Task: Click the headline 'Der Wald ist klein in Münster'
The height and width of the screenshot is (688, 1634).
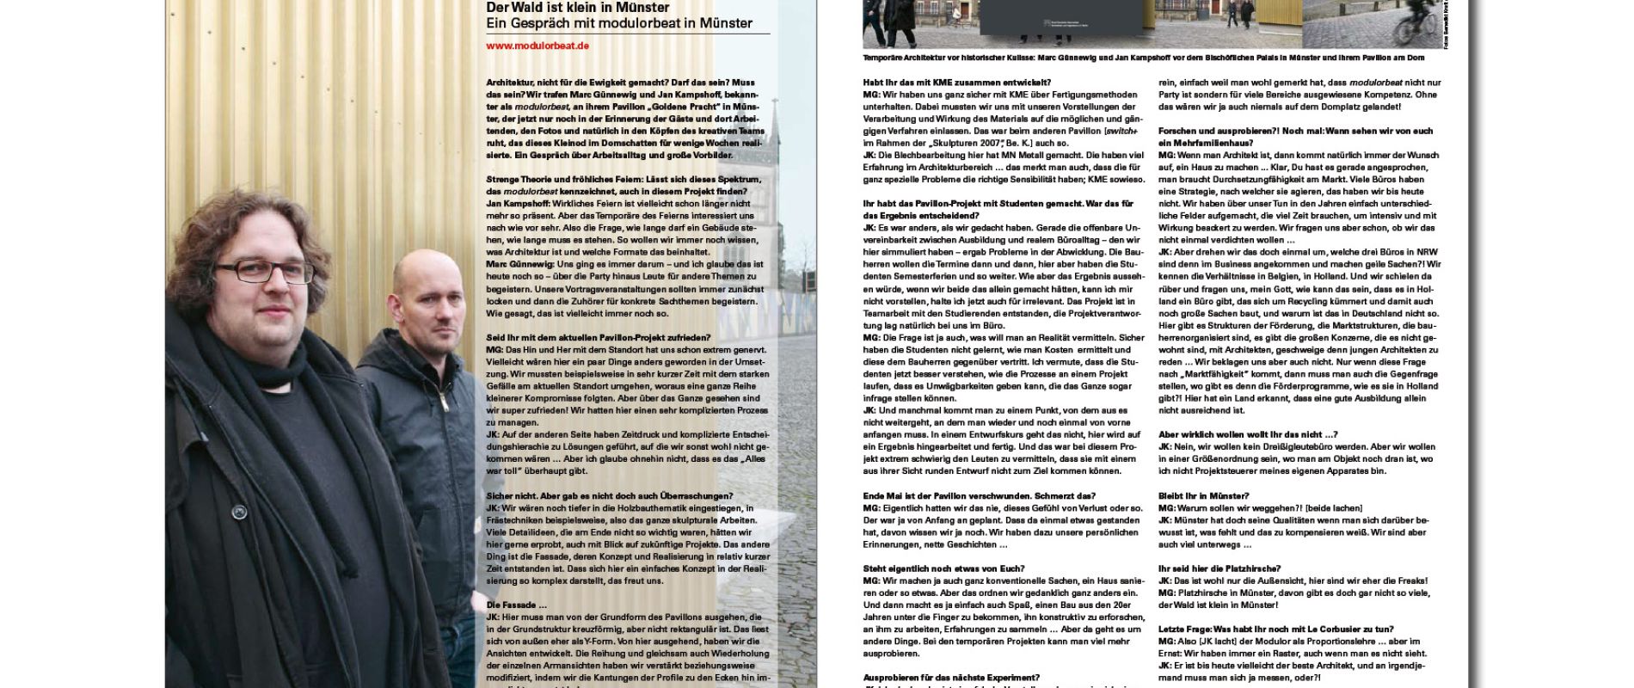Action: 577,7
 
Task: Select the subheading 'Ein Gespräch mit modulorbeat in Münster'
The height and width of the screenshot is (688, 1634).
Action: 618,23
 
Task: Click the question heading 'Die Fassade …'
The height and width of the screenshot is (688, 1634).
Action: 512,605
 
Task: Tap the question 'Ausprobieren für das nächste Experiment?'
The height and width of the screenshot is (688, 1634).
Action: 950,677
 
